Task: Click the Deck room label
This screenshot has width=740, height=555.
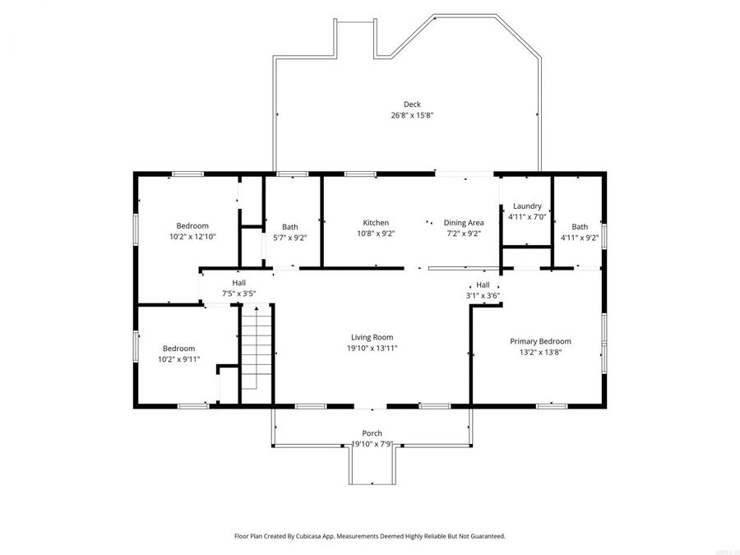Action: (412, 104)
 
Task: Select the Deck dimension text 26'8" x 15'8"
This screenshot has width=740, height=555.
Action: (412, 116)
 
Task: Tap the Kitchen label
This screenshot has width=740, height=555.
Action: (376, 223)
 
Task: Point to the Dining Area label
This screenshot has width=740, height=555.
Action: (464, 223)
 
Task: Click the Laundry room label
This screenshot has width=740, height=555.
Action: (527, 206)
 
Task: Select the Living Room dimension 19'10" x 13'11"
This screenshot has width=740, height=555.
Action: (372, 348)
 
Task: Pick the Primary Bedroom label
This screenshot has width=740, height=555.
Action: (540, 341)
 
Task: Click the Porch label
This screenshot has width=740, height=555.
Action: (372, 433)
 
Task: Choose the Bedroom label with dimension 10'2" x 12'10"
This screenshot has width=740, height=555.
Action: (192, 226)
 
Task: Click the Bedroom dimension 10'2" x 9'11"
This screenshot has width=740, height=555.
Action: (178, 359)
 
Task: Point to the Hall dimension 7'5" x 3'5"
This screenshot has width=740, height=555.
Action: (238, 294)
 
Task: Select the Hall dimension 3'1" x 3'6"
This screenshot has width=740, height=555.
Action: (483, 295)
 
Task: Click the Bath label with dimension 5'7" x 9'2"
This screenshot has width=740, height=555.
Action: (290, 227)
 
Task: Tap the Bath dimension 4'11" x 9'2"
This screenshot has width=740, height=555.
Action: (580, 238)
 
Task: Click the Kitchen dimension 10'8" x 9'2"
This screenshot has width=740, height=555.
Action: (376, 234)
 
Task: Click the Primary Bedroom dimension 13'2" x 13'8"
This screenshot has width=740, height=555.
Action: (540, 352)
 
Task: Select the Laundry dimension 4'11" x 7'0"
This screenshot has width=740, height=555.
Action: (527, 217)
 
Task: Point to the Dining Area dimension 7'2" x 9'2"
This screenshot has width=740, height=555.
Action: (464, 234)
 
